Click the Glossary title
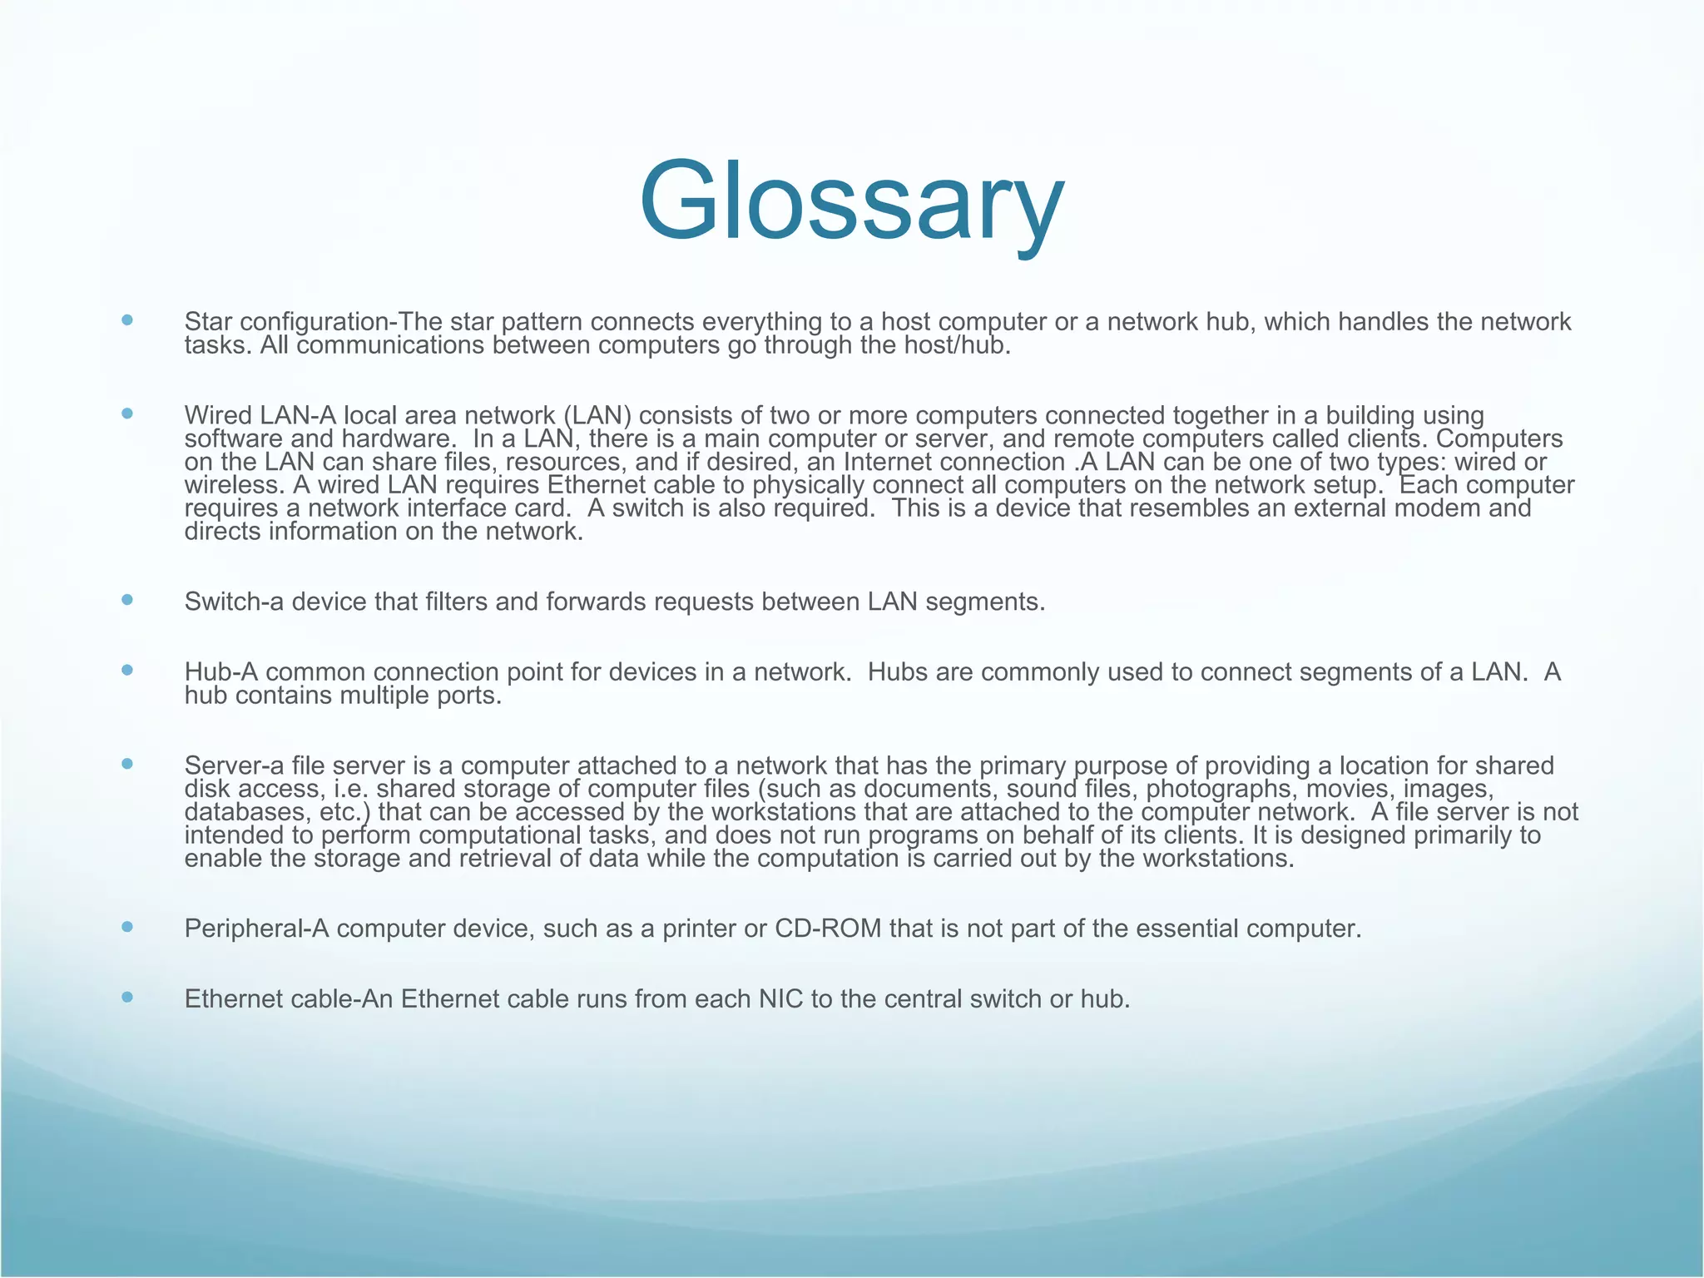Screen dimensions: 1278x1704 tap(851, 202)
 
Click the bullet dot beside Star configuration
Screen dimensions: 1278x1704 tap(126, 319)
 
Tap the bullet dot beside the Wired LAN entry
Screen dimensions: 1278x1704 tap(126, 413)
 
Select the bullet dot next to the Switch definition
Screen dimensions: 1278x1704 tap(126, 599)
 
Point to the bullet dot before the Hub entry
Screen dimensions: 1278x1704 tap(126, 669)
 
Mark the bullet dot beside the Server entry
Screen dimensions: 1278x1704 tap(126, 763)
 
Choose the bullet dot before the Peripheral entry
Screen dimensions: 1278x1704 tap(126, 926)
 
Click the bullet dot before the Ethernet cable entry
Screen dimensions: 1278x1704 tap(126, 996)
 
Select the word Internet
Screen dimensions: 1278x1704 tap(889, 462)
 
